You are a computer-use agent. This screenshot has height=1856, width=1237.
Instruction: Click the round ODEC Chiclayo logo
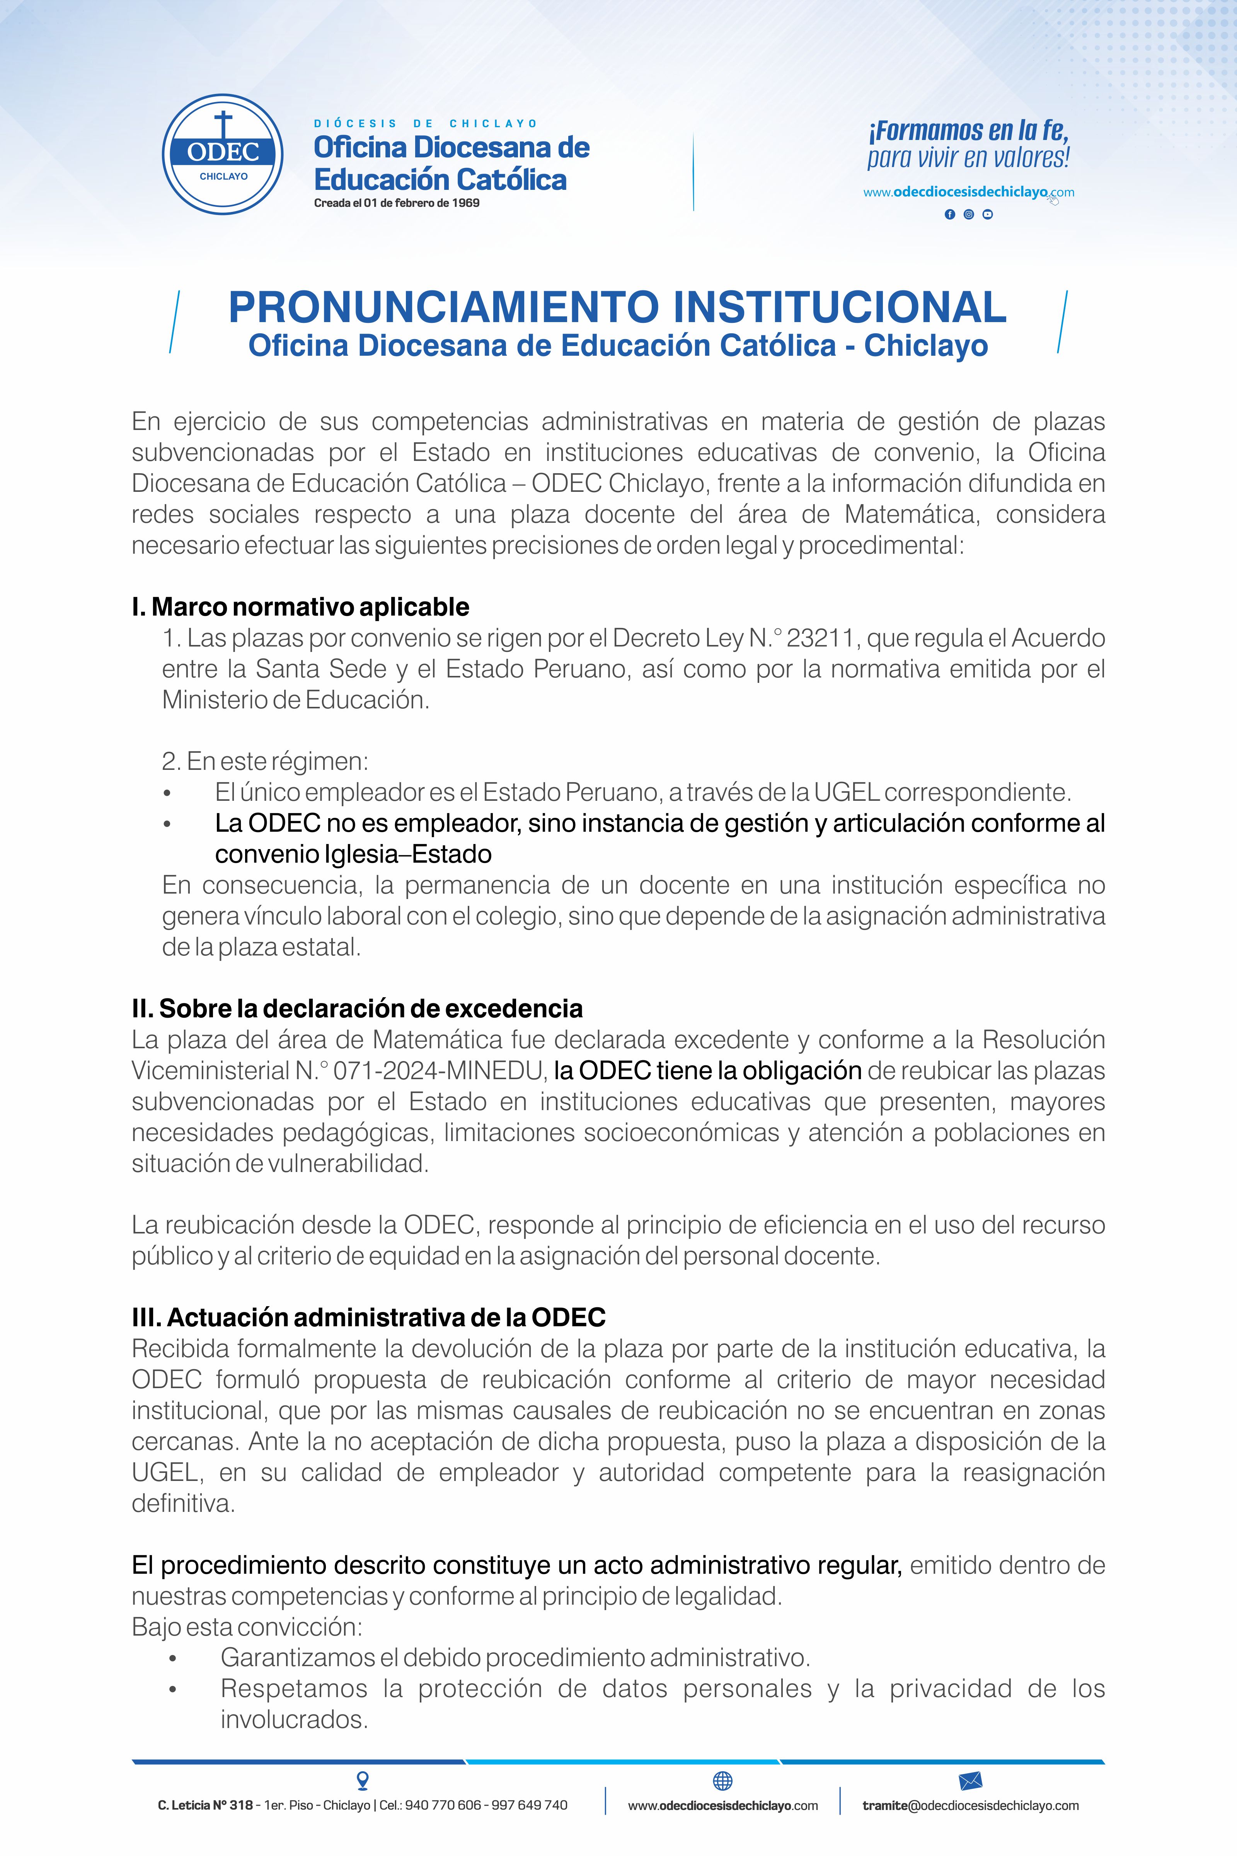(223, 154)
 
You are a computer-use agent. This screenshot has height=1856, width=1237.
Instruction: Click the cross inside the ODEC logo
(223, 125)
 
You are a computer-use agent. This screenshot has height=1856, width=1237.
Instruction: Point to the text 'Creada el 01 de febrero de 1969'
(397, 203)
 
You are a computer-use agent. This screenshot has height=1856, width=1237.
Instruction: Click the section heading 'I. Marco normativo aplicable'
(301, 607)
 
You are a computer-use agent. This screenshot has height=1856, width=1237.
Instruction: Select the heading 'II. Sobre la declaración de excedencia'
(357, 1008)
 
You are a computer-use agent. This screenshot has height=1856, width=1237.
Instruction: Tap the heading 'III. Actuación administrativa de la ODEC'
(368, 1317)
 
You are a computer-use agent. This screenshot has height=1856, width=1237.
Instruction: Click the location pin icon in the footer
(363, 1780)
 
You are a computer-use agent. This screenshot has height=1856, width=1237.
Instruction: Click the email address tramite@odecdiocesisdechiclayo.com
(970, 1805)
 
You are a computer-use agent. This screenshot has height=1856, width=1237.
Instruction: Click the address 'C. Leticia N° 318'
(205, 1805)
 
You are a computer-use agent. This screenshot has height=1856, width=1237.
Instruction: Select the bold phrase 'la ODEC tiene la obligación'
(708, 1071)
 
